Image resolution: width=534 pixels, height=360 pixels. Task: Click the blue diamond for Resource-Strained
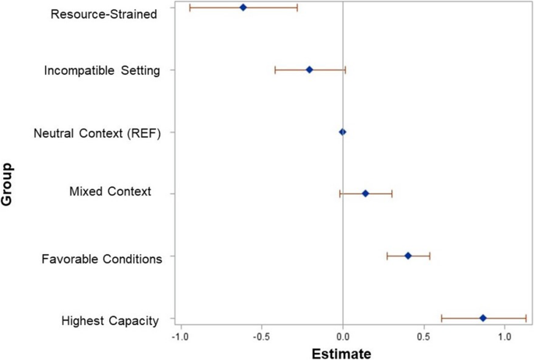tap(242, 7)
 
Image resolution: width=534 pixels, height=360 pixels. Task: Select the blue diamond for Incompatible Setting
tap(309, 69)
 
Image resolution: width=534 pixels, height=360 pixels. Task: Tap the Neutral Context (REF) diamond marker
tap(342, 132)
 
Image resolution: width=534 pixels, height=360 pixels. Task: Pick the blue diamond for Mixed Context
tap(365, 193)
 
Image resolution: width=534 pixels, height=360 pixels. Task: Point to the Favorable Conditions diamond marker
tap(408, 256)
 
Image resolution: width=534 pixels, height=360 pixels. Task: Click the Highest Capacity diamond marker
tap(483, 318)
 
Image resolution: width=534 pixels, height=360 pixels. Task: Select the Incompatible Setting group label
tap(102, 71)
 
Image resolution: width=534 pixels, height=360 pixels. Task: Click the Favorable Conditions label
tap(101, 258)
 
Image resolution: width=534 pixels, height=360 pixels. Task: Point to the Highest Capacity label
tap(110, 320)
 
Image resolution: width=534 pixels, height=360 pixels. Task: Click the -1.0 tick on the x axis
tap(179, 337)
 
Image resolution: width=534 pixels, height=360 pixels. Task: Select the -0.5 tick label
tap(260, 337)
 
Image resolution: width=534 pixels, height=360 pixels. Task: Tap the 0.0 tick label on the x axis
tap(343, 337)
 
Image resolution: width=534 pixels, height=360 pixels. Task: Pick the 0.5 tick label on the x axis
tap(423, 337)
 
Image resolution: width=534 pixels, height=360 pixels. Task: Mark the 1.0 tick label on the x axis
tap(504, 337)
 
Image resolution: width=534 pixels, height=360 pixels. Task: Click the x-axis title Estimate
tap(341, 352)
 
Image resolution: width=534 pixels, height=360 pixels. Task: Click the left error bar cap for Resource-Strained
tap(189, 7)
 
